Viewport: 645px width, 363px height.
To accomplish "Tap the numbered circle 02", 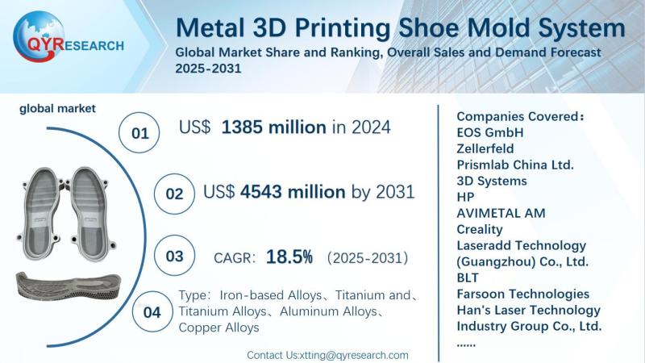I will point(174,194).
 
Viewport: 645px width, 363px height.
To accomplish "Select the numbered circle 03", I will point(174,257).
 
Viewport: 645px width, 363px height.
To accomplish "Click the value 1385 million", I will point(273,127).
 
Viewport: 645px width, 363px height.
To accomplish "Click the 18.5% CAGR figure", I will point(289,257).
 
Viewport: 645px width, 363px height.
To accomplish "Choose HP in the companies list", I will point(465,196).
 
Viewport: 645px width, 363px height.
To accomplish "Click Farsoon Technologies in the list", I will point(522,294).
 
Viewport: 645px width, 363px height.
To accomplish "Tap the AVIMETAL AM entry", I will point(501,212).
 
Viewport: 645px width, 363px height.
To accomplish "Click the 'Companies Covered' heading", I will point(520,115).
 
